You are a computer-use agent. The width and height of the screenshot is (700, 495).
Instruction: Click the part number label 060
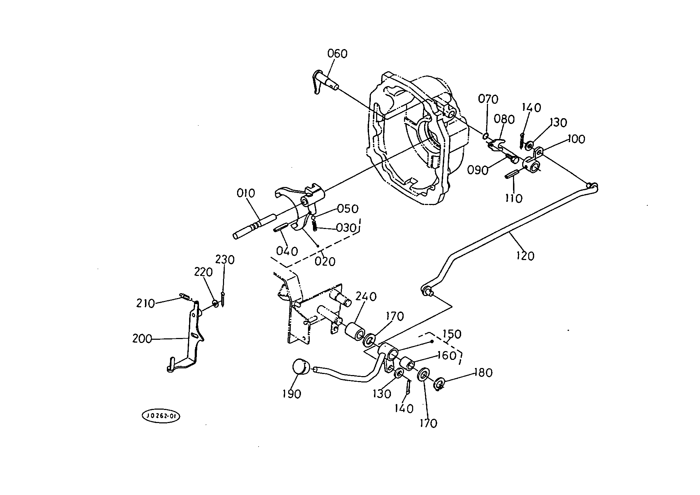click(x=337, y=54)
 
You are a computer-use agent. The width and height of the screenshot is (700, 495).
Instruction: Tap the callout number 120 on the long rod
click(x=525, y=255)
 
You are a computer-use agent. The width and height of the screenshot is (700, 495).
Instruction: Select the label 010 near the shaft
click(x=246, y=193)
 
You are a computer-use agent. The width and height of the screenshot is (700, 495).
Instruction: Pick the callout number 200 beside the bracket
click(x=142, y=339)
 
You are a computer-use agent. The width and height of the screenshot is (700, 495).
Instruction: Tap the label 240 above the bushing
click(x=366, y=296)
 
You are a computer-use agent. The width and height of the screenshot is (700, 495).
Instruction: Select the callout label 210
click(x=146, y=303)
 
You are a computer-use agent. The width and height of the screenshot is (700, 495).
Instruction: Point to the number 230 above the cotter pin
click(x=225, y=260)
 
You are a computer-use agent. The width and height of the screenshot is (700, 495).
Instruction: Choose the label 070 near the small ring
click(x=488, y=99)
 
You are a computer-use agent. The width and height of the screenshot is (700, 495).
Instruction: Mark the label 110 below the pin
click(x=513, y=199)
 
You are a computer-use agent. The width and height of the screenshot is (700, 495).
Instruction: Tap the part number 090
click(x=478, y=170)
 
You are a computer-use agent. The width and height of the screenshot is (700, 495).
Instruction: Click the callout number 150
click(x=452, y=334)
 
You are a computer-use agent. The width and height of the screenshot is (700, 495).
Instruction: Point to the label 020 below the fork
click(x=325, y=261)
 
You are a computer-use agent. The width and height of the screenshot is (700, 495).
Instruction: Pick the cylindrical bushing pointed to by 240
click(x=354, y=332)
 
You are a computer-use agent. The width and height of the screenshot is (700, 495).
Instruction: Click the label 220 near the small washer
click(x=203, y=272)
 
